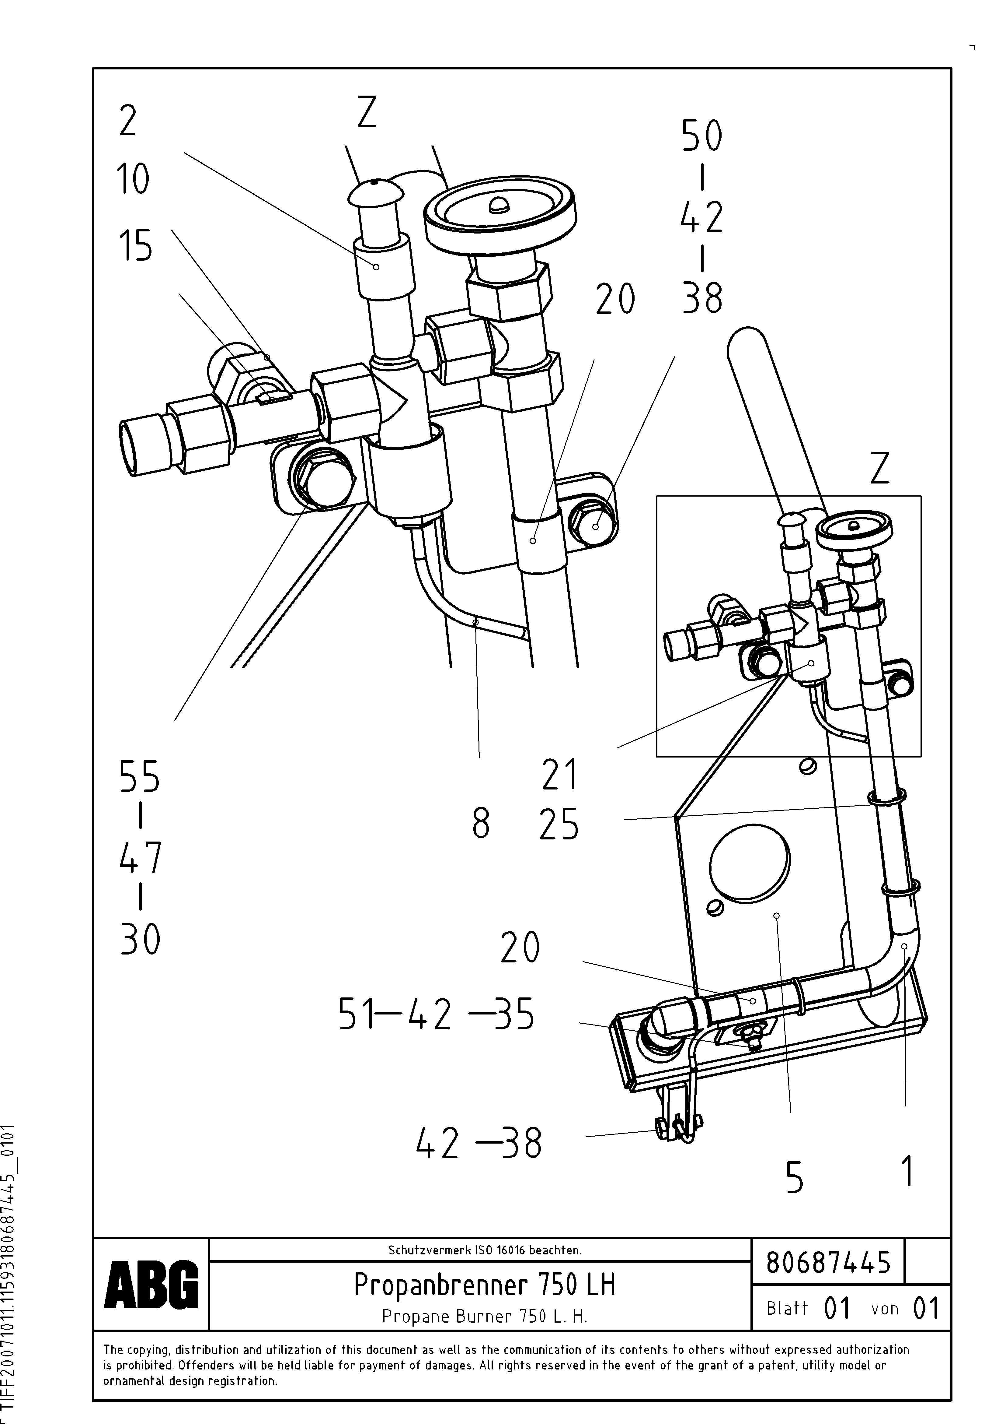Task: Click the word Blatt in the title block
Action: tap(787, 1308)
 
